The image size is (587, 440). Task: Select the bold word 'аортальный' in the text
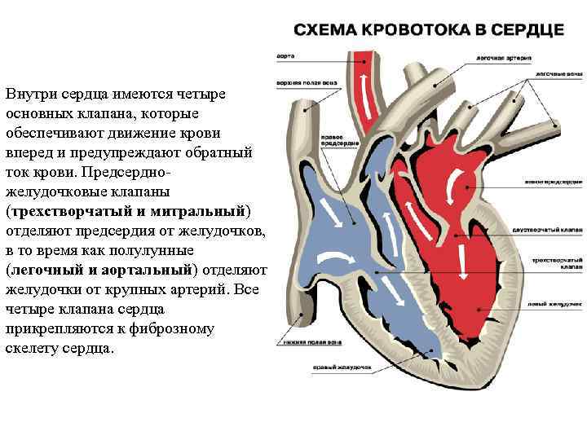pyautogui.click(x=152, y=270)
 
